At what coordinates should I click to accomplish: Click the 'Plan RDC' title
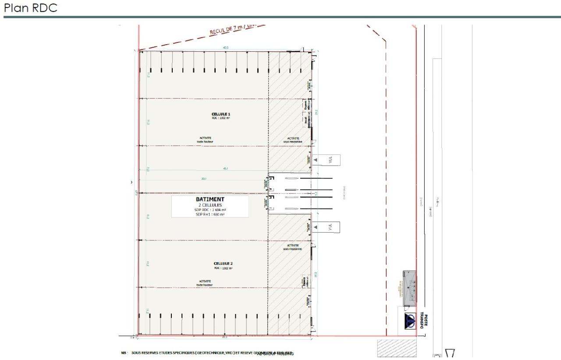(x=31, y=8)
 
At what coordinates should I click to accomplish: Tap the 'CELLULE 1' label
(x=220, y=113)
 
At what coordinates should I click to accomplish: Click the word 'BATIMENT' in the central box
(x=209, y=199)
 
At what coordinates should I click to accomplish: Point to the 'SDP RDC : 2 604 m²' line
(x=209, y=210)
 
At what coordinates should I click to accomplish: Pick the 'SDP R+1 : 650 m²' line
(x=209, y=215)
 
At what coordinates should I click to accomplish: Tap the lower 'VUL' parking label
(x=330, y=226)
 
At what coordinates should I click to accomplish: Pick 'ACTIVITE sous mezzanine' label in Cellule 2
(x=292, y=247)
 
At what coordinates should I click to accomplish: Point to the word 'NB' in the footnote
(x=124, y=352)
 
